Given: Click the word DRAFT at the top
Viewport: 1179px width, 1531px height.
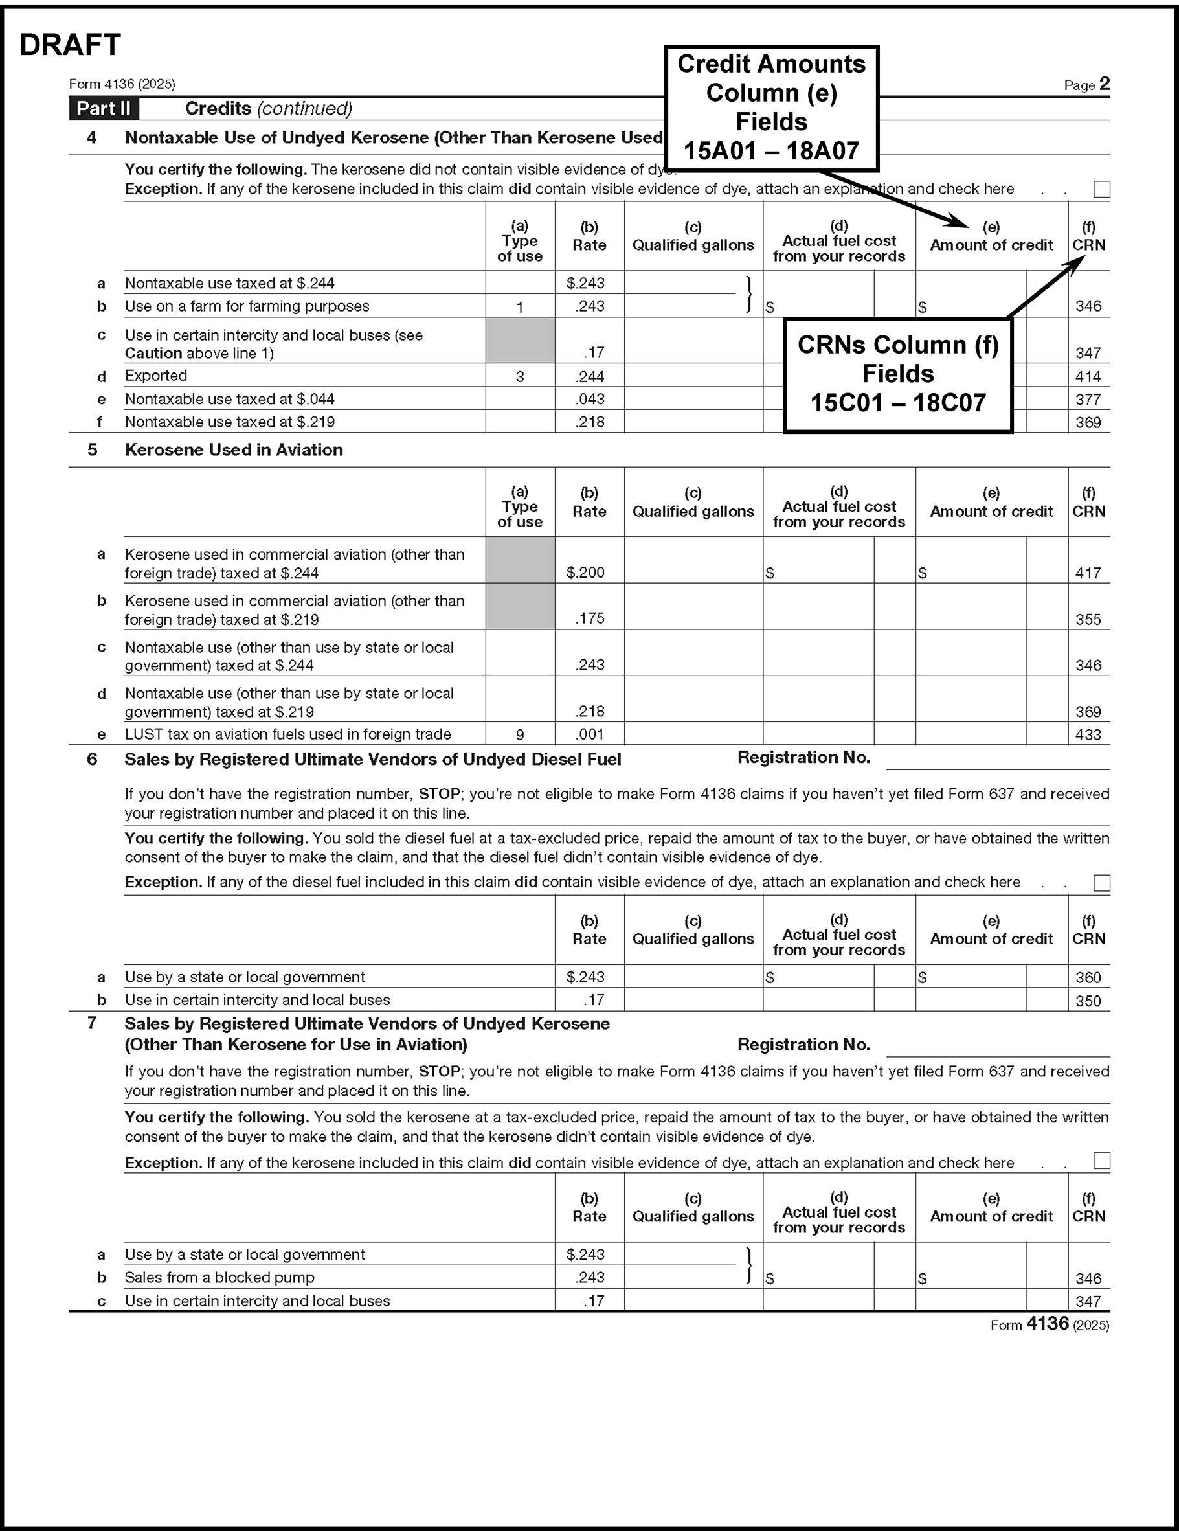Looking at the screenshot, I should (70, 45).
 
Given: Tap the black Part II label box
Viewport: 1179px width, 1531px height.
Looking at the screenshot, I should (104, 109).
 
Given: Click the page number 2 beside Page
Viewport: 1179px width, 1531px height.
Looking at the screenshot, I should (1105, 84).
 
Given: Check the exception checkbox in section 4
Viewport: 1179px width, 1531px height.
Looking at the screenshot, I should (1101, 189).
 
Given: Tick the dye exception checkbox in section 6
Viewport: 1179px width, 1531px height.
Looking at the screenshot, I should (1101, 883).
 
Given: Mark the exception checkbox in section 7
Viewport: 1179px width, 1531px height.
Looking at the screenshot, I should (1101, 1161).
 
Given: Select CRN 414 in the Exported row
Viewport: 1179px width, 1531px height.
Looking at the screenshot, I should (1088, 376).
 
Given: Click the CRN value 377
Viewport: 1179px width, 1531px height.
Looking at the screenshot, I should (1088, 400).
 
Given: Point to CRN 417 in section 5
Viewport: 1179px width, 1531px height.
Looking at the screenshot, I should (1088, 573).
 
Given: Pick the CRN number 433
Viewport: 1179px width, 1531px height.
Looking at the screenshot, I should (1088, 734).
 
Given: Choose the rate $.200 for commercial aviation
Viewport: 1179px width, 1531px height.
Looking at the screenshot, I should (585, 572).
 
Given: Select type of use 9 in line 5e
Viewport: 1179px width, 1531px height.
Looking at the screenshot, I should (519, 734).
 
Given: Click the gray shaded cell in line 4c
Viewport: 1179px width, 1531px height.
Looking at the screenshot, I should (519, 341).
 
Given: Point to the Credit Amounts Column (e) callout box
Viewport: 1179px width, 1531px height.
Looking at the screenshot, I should (771, 108).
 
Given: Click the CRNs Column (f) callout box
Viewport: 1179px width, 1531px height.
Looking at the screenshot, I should (897, 374).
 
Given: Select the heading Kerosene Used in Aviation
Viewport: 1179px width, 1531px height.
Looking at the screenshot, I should (234, 450).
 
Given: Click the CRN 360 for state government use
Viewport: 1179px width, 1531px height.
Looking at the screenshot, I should (1088, 977).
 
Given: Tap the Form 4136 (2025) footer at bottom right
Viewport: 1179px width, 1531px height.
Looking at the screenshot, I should (1050, 1324).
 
